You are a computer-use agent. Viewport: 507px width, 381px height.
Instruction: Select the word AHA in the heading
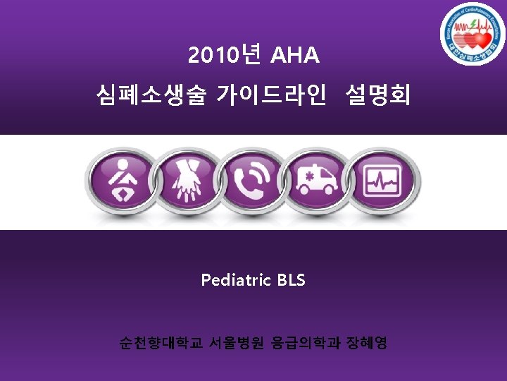click(294, 55)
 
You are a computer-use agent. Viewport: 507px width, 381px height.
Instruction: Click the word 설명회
click(378, 94)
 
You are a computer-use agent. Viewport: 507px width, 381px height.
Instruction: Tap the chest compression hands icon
click(187, 179)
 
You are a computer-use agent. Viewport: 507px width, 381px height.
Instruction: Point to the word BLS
click(292, 280)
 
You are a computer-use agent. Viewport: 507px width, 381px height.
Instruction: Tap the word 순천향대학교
click(161, 344)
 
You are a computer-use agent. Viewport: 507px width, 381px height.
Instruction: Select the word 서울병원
click(236, 344)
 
